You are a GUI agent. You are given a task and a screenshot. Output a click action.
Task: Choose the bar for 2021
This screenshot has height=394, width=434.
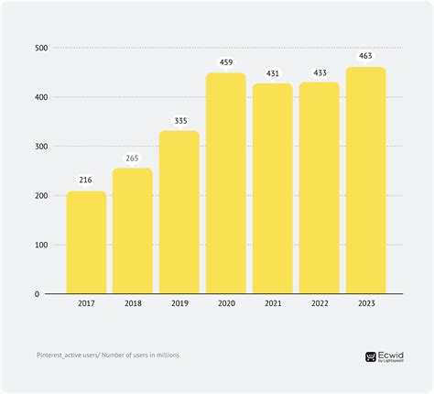(x=273, y=188)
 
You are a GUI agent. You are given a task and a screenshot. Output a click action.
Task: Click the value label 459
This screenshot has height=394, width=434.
(x=225, y=62)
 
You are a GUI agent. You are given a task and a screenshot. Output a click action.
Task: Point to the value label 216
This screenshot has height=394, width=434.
(x=86, y=181)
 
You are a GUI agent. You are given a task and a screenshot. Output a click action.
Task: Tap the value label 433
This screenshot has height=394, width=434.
(x=319, y=72)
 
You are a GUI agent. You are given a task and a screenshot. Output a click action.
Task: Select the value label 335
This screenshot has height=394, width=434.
(x=179, y=120)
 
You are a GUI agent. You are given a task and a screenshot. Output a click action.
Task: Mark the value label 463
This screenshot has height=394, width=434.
(x=365, y=57)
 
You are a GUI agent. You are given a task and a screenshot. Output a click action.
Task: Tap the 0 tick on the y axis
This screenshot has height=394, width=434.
(x=44, y=294)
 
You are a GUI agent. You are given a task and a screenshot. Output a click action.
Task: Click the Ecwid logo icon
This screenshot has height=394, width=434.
(x=371, y=357)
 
